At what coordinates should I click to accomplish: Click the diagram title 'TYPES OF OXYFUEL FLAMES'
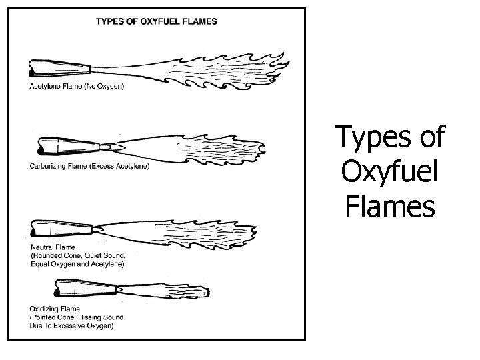click(x=156, y=21)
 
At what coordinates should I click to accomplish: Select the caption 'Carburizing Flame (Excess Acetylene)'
click(x=89, y=165)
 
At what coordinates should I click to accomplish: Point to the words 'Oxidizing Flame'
click(x=55, y=309)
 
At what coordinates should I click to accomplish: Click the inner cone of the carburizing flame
click(x=110, y=145)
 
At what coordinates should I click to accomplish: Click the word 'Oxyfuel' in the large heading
click(x=391, y=172)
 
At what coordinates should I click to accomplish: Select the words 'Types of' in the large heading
click(x=391, y=137)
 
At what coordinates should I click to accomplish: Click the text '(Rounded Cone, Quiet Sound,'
click(x=77, y=255)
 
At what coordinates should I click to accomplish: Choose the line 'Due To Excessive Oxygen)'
click(x=72, y=326)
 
